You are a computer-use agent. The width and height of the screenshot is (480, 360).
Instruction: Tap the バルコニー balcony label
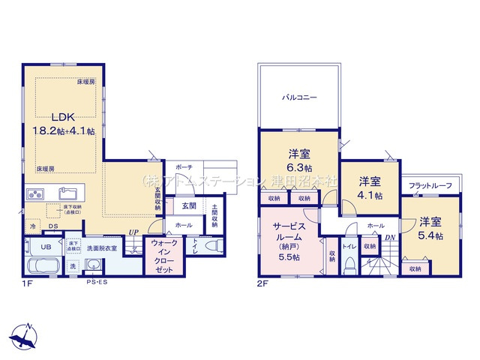299,97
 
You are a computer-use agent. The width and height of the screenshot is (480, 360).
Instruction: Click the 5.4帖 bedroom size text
430,235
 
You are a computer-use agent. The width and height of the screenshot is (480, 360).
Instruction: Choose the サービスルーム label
289,229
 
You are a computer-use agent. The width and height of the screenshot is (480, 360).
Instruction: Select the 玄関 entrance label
188,205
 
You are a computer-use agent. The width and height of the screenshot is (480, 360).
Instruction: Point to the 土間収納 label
215,215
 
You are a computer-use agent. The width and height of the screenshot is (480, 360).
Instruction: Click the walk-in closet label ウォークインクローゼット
163,258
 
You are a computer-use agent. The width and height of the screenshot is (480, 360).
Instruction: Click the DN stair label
389,239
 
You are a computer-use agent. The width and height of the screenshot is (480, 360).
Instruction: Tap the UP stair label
133,232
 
